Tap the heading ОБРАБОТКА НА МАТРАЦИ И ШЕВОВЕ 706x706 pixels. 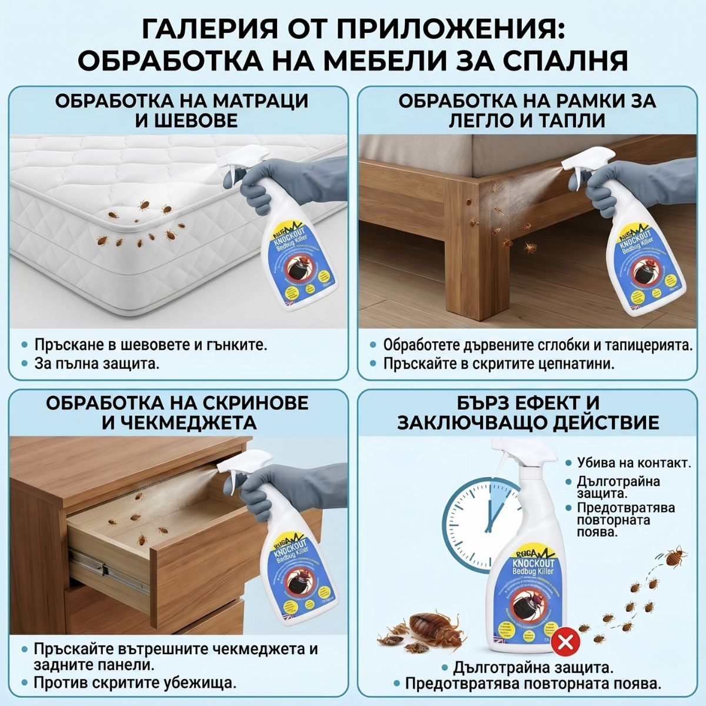(181, 110)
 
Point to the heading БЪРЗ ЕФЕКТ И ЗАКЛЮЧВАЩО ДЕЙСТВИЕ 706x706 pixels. (528, 412)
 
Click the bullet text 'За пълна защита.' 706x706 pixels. (96, 364)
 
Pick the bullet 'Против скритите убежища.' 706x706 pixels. (135, 683)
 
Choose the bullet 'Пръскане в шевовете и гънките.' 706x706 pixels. (151, 344)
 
